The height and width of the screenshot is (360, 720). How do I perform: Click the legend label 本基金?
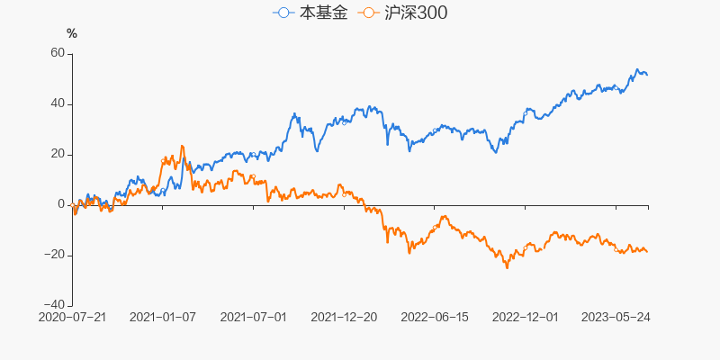click(x=322, y=13)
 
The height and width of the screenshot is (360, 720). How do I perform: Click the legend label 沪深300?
click(x=414, y=13)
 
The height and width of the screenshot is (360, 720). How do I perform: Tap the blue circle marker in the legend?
click(x=284, y=13)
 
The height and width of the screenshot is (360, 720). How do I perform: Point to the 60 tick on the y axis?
click(x=57, y=53)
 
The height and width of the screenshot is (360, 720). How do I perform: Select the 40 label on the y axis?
click(x=57, y=103)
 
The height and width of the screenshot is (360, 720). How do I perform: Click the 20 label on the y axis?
click(x=57, y=154)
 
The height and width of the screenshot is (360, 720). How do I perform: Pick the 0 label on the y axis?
click(x=61, y=204)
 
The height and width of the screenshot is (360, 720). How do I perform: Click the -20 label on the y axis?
click(x=54, y=255)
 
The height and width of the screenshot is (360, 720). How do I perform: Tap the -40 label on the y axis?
click(x=54, y=305)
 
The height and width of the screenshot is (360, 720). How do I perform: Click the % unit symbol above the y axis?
click(x=72, y=34)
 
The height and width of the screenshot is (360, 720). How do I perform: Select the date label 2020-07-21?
click(x=73, y=317)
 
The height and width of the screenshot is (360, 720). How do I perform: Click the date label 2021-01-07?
click(x=163, y=317)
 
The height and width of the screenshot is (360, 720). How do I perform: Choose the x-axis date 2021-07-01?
click(x=254, y=317)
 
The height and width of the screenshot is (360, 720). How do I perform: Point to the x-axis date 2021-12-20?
click(x=344, y=317)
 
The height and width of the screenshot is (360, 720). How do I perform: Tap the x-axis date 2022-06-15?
click(x=435, y=317)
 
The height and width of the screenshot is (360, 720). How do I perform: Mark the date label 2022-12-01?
click(x=526, y=317)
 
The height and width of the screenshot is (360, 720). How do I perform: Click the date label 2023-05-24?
click(x=616, y=317)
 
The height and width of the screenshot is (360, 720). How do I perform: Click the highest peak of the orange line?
click(x=182, y=146)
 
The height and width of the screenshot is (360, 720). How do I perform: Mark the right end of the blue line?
click(x=647, y=74)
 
